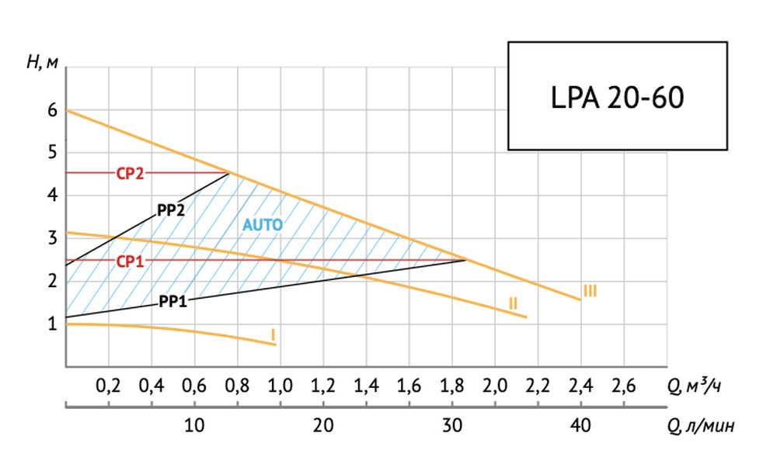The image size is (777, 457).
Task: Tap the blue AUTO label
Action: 262,225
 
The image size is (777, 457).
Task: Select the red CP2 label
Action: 131,174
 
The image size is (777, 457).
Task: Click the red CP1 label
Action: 131,261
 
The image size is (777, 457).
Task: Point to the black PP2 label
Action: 170,209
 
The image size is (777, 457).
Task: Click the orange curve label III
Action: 590,291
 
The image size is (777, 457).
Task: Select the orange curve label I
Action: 273,334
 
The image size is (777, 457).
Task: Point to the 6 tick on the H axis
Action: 53,111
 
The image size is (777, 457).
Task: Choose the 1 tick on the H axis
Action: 53,324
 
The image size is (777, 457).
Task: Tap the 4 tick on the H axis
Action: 53,196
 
